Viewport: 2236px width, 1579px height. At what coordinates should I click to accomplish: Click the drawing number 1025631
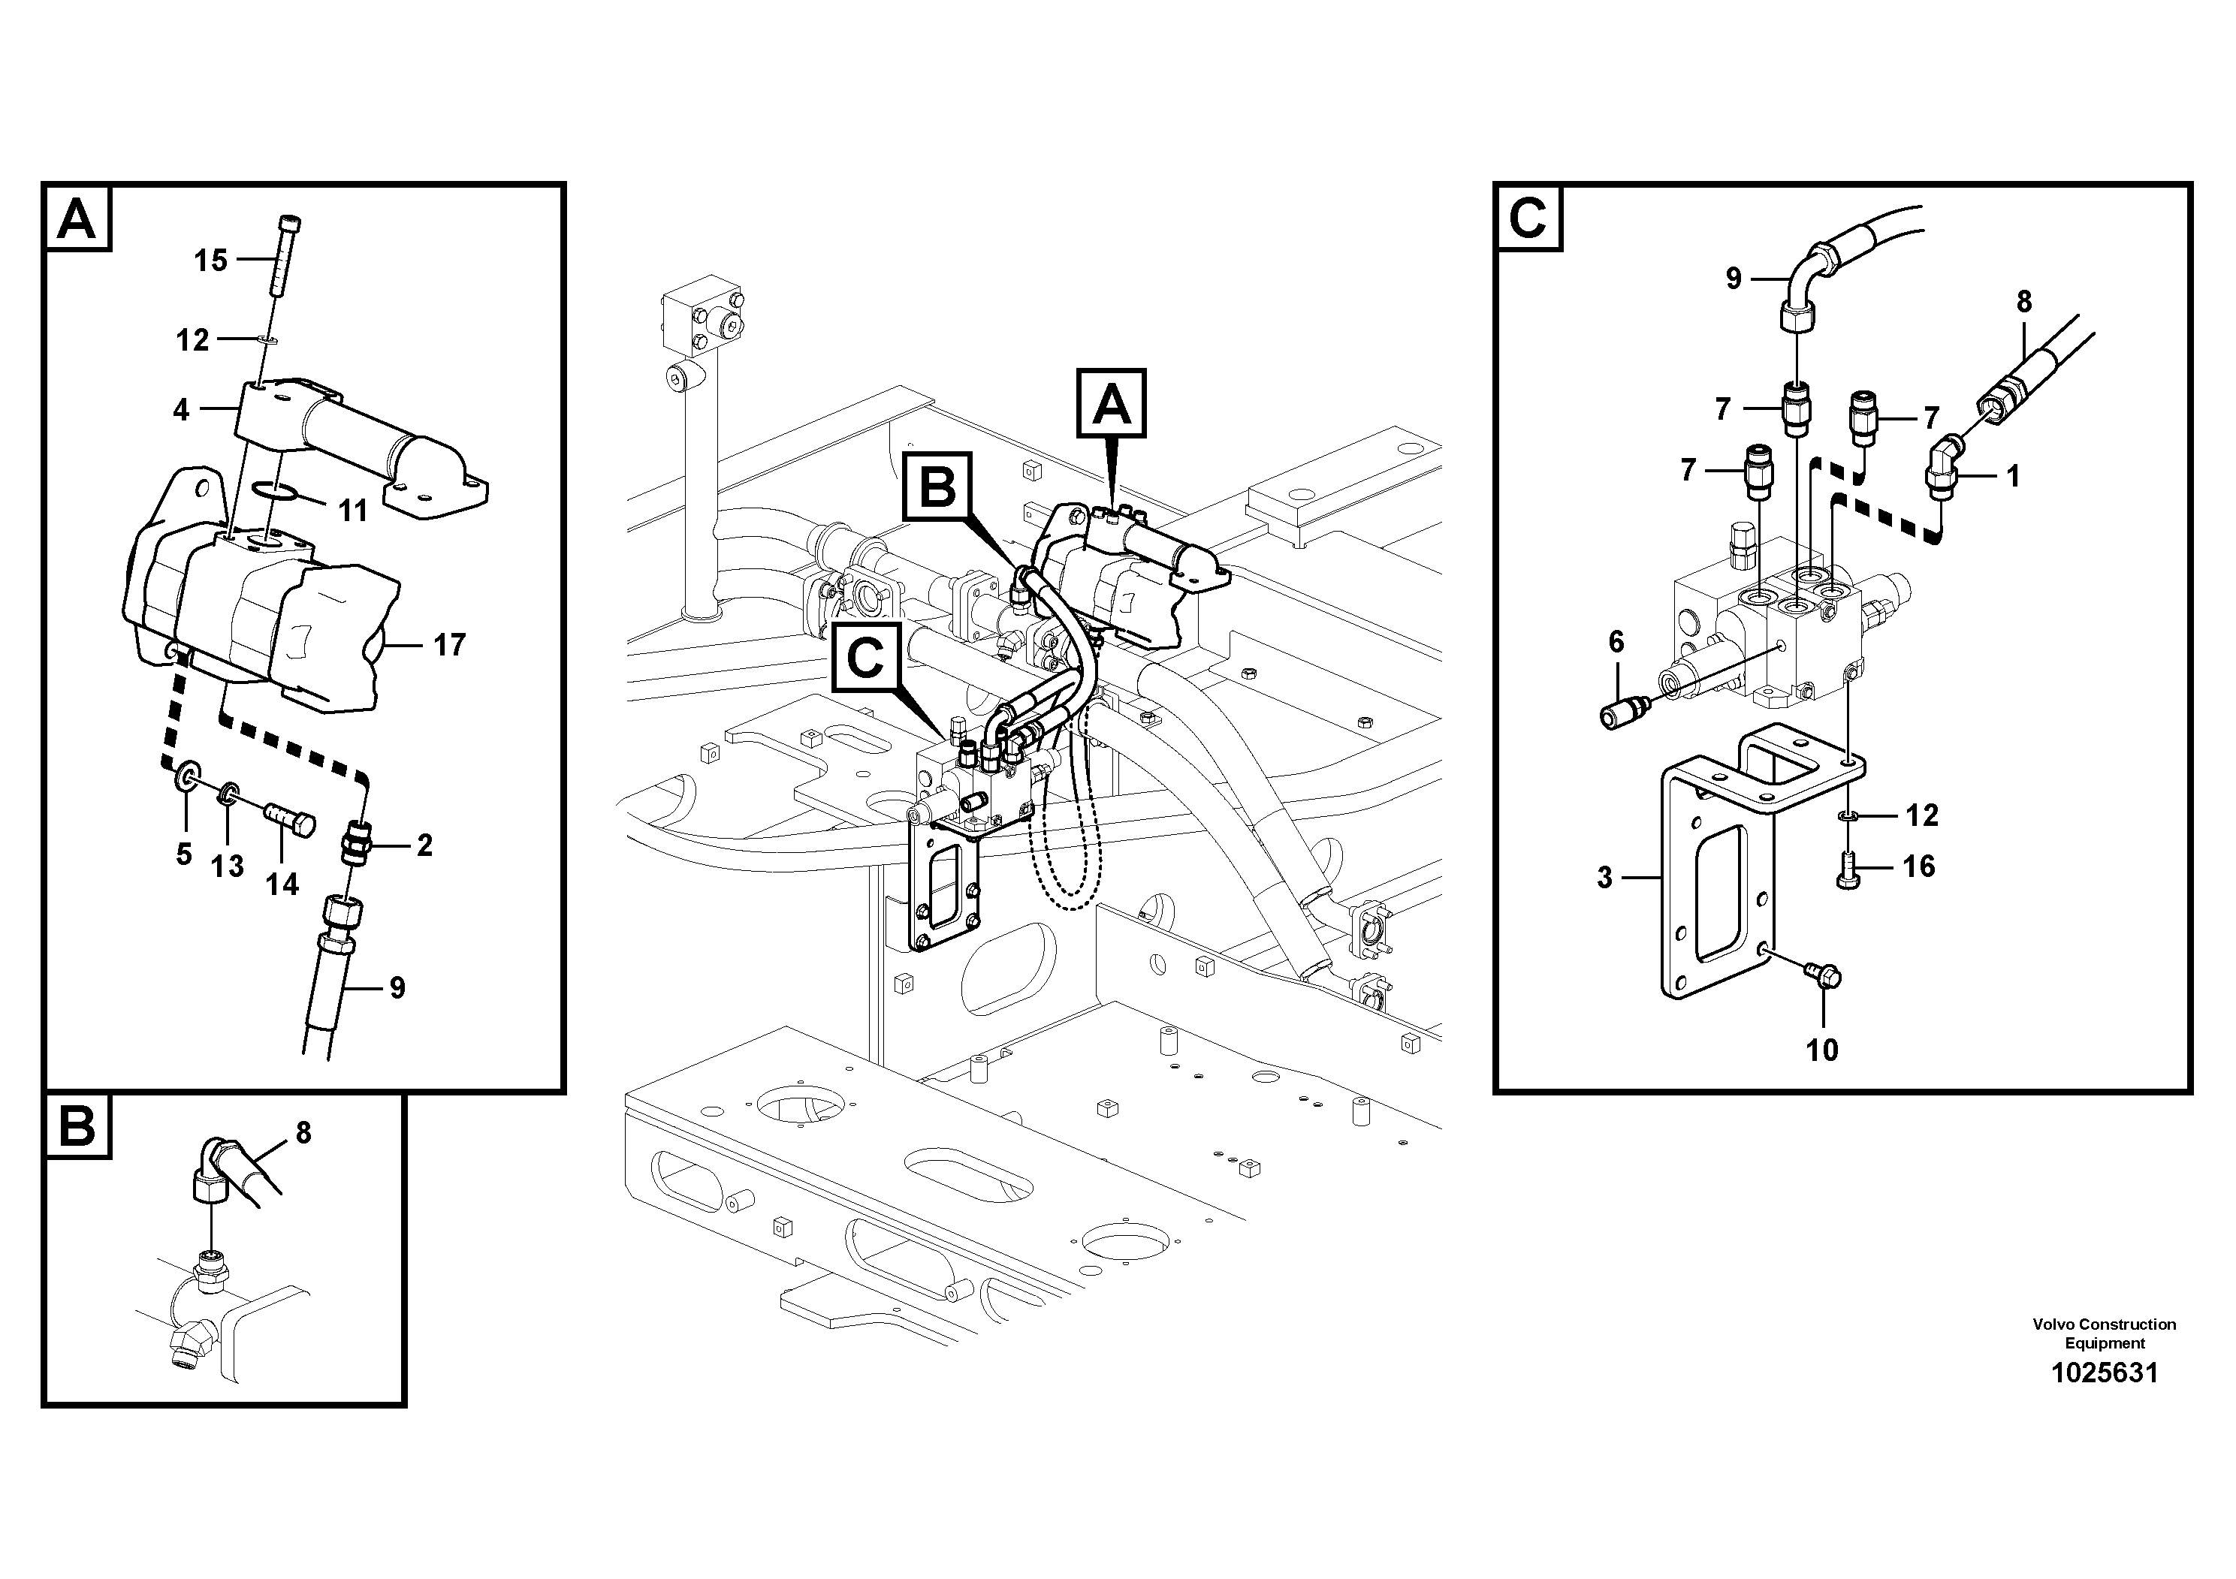click(2105, 1373)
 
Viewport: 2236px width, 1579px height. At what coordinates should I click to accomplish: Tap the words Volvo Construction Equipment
click(2104, 1333)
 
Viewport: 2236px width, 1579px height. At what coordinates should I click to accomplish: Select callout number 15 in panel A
click(210, 260)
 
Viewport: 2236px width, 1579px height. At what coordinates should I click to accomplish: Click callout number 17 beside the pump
click(449, 644)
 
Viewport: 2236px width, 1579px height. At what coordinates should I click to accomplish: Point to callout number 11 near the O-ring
click(352, 510)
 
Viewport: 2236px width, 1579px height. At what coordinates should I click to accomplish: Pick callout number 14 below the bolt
click(282, 883)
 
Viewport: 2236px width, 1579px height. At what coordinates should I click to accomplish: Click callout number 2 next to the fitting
click(424, 845)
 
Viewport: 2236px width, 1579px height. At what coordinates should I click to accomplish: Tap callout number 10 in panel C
click(1822, 1050)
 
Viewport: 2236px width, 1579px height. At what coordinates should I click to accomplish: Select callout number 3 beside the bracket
click(1606, 877)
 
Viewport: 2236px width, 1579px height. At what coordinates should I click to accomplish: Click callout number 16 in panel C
click(1918, 866)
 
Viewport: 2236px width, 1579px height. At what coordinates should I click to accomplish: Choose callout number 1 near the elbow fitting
click(2013, 476)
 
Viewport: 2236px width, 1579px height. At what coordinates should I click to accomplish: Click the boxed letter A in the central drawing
click(1111, 405)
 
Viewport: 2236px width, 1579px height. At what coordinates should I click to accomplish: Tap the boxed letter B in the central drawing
click(937, 487)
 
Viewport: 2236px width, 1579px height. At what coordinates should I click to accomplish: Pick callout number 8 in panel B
click(303, 1132)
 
